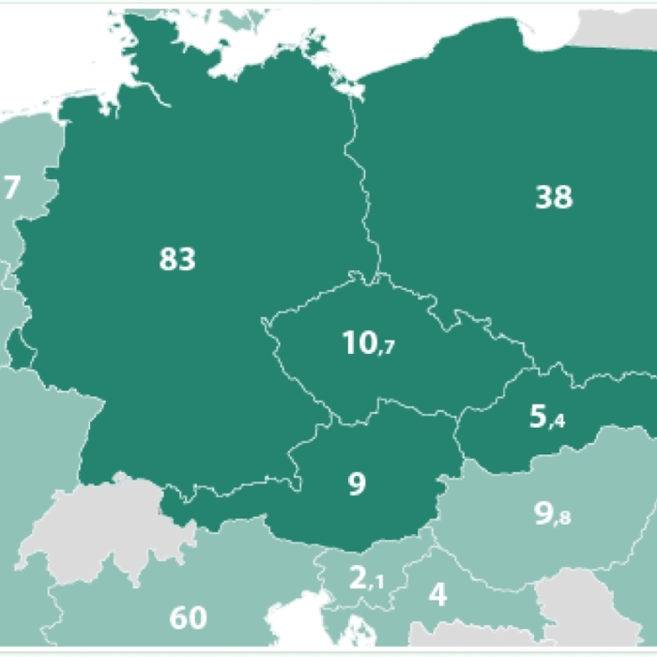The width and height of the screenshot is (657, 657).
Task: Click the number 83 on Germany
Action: pyautogui.click(x=177, y=259)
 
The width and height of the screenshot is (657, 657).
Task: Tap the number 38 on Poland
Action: pyautogui.click(x=554, y=198)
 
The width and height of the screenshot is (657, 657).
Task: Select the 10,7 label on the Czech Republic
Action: pyautogui.click(x=369, y=344)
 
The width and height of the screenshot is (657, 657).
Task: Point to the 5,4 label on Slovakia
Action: pyautogui.click(x=546, y=417)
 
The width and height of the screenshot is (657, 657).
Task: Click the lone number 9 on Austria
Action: pyautogui.click(x=357, y=484)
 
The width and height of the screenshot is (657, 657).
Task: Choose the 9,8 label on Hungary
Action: pyautogui.click(x=552, y=514)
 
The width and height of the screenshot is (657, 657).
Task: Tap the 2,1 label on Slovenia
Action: pyautogui.click(x=367, y=578)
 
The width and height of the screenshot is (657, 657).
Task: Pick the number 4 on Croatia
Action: pyautogui.click(x=437, y=595)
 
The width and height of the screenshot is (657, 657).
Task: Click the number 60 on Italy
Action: pyautogui.click(x=188, y=618)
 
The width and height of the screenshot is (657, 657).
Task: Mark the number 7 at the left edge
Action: pyautogui.click(x=11, y=188)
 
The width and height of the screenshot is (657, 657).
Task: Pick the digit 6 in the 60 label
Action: pyautogui.click(x=178, y=618)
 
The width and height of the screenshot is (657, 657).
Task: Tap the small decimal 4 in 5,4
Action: pyautogui.click(x=559, y=421)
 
